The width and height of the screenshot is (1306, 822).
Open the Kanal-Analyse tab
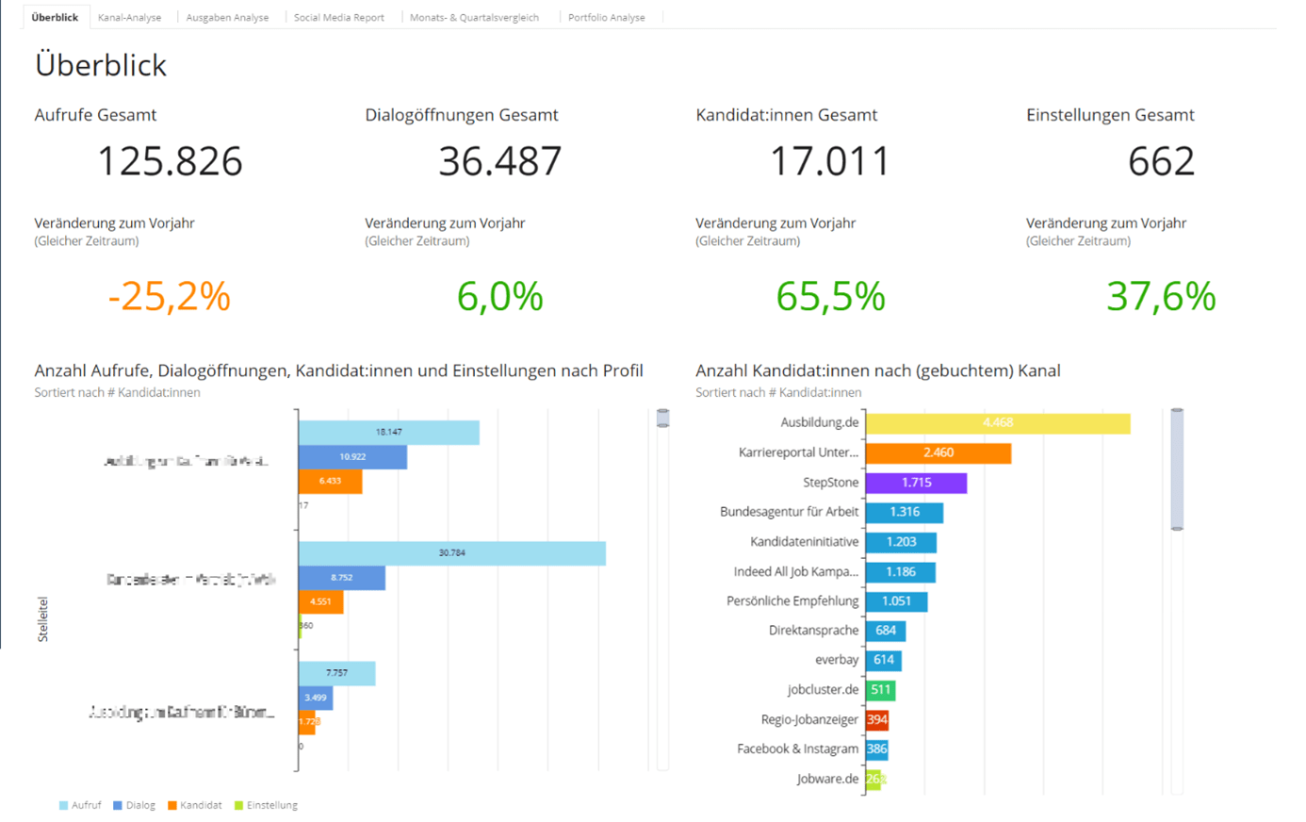coord(129,17)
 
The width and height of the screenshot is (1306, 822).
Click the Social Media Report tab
coord(338,17)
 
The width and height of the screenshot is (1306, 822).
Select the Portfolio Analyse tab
coord(606,17)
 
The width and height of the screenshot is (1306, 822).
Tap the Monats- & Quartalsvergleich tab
coord(474,17)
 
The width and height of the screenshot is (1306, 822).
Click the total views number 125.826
coord(170,161)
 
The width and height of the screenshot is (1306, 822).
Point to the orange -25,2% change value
coord(169,296)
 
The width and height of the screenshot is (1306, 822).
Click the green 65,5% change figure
coord(830,296)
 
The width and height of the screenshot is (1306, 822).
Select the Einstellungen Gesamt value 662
coord(1161,161)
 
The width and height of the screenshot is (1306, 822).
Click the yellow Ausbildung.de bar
coord(997,423)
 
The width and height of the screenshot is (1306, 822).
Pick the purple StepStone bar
coord(916,483)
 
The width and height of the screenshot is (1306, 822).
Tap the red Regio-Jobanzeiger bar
coord(876,719)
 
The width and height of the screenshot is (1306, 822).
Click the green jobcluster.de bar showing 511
coord(880,690)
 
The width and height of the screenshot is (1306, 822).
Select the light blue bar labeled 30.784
coord(451,553)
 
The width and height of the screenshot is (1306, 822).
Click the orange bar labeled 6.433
coord(330,482)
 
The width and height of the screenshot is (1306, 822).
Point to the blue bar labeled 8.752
coord(341,578)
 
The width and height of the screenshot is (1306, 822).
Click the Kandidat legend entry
coord(194,805)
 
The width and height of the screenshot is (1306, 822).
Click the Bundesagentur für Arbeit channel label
coord(789,512)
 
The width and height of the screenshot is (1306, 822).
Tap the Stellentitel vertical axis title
coord(42,619)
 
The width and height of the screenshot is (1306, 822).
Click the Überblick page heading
coord(101,65)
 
